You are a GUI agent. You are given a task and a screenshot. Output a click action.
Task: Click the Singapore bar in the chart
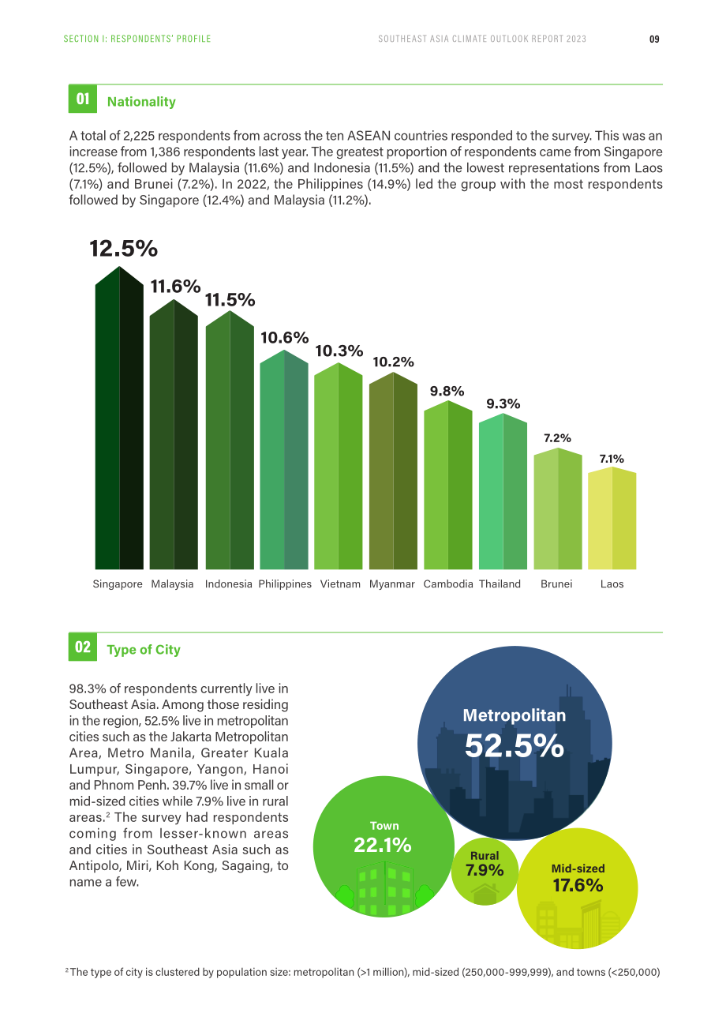(119, 418)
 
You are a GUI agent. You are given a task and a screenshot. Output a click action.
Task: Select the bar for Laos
(612, 518)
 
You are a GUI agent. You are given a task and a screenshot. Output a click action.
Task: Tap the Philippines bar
(284, 460)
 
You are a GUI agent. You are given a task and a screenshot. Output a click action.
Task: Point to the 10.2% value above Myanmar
(393, 362)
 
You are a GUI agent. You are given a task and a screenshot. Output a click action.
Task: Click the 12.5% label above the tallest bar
(123, 248)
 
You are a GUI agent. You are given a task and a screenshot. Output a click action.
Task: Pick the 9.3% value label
(503, 404)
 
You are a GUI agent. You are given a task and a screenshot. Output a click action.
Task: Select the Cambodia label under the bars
(448, 583)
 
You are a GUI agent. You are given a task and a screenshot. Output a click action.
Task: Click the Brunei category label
(556, 583)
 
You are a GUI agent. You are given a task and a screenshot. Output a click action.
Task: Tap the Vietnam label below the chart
(340, 583)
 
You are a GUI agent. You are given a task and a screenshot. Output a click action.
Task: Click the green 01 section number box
(83, 99)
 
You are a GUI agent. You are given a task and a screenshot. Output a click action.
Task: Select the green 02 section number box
(83, 647)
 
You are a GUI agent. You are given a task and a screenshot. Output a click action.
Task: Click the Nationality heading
(141, 101)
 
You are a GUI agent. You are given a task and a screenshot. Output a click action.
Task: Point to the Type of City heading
(144, 649)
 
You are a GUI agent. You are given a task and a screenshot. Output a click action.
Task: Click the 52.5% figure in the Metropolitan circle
(514, 746)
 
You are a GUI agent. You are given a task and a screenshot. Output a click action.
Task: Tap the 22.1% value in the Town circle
(383, 845)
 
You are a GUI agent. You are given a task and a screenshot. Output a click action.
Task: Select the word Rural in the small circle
(485, 855)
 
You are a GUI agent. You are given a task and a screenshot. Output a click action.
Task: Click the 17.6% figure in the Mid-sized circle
(578, 885)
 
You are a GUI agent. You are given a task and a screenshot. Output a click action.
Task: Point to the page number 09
(654, 39)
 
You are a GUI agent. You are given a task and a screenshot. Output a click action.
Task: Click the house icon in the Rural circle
(485, 894)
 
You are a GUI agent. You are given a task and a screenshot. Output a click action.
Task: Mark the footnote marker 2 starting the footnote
(67, 970)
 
